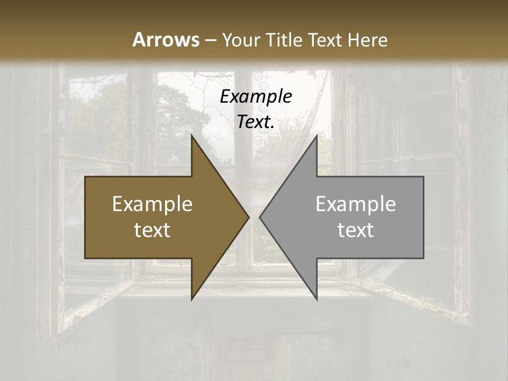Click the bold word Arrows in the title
(165, 40)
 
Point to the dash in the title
(211, 40)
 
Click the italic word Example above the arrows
(256, 96)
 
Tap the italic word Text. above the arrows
(256, 122)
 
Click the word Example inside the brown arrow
(152, 204)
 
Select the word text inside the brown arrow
(152, 230)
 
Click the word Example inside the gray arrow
(356, 204)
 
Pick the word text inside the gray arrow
(356, 230)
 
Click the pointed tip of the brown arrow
(248, 217)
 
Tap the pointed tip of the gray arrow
(260, 217)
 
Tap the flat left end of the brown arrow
(86, 217)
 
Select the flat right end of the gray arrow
(423, 217)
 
